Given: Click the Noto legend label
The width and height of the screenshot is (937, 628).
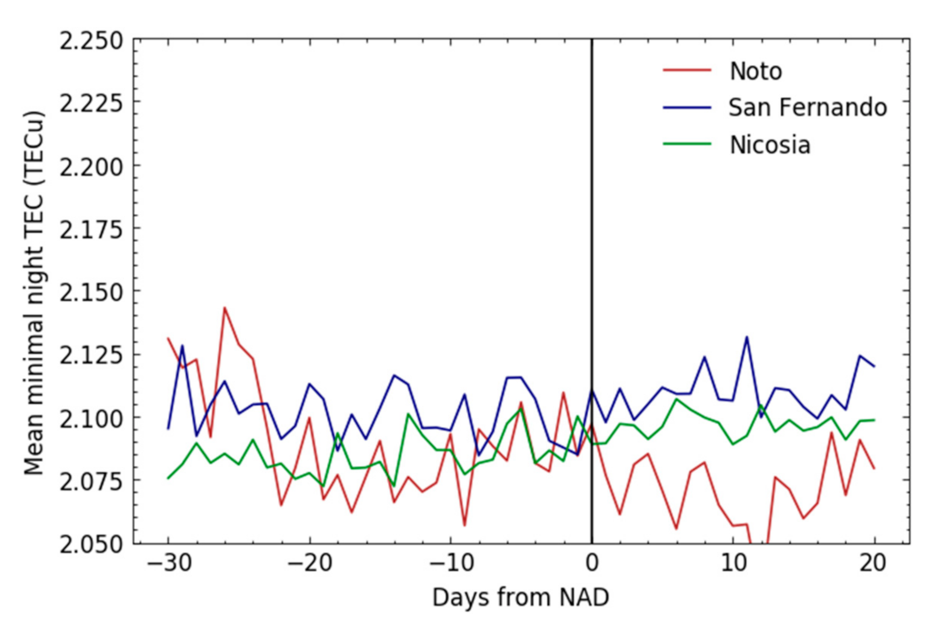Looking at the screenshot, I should [x=755, y=71].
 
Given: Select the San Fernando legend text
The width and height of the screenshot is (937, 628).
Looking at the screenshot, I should [x=807, y=108].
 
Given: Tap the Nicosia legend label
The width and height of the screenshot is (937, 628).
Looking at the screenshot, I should [x=770, y=146].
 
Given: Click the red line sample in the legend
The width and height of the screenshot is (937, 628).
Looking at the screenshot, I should [x=687, y=70].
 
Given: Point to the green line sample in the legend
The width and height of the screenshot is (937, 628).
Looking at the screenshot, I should [x=687, y=144].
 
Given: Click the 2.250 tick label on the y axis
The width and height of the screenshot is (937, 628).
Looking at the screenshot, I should [x=92, y=41].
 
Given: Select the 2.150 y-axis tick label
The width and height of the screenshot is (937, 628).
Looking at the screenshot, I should [x=92, y=292].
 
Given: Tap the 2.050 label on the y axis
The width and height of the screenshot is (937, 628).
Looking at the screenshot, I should [x=92, y=544].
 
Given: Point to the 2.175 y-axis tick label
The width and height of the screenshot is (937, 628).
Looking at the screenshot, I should [x=92, y=230].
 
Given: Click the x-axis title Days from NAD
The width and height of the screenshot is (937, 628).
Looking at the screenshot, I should [x=520, y=597].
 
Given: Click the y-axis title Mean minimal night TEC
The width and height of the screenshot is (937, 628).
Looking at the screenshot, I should [x=35, y=293].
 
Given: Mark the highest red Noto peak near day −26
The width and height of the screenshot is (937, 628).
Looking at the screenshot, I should [x=224, y=308].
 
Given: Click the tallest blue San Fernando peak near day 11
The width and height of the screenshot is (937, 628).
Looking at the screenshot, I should [x=747, y=337].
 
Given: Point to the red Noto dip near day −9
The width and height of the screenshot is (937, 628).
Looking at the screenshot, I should [x=464, y=525].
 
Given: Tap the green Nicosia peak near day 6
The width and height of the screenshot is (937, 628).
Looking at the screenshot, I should [x=676, y=399].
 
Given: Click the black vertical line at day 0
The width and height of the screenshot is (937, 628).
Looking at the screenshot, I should [x=592, y=204].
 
